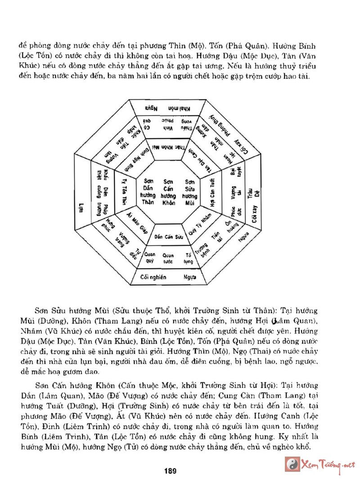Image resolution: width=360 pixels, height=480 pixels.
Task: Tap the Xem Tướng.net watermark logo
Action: pos(321,465)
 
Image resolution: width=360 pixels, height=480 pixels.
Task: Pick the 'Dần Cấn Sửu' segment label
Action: pos(168,236)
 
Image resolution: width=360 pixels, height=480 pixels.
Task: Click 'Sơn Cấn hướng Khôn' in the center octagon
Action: pos(168,192)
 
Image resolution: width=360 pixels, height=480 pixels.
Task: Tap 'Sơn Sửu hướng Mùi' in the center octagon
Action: pos(190,192)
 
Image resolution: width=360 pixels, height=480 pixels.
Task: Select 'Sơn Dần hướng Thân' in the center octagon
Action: pos(146,192)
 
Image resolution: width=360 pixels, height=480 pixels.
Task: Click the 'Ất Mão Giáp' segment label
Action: pos(136,220)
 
